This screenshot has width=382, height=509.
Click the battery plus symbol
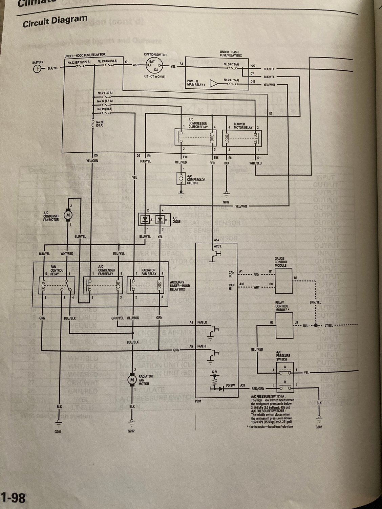coord(37,69)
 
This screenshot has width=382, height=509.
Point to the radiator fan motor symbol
coord(131,380)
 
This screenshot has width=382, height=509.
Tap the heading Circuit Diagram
coord(55,21)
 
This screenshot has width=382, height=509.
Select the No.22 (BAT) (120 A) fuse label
coord(79,62)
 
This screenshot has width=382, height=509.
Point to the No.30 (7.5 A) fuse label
coord(231,64)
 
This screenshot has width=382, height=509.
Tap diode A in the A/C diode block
coord(145,220)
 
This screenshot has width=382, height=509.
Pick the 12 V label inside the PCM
coord(214,372)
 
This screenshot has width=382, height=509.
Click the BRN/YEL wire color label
coord(315,303)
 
